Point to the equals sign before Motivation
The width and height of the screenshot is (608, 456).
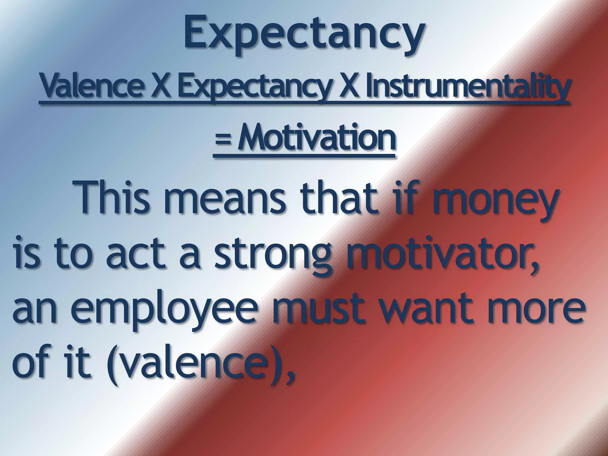coord(223,140)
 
